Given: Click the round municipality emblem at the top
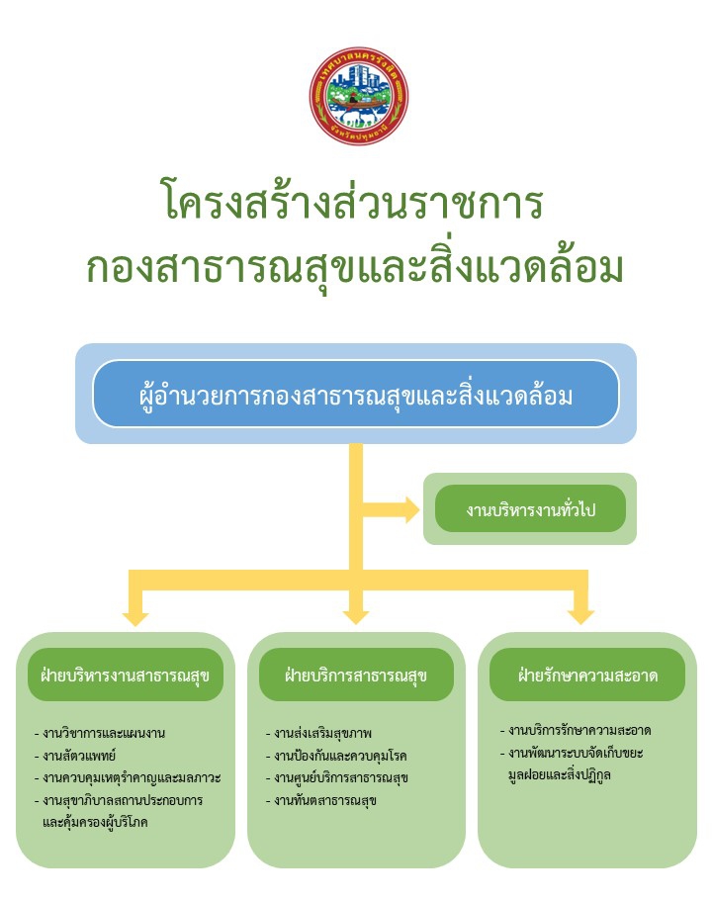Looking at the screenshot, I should tap(358, 96).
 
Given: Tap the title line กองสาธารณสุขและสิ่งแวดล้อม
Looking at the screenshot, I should tap(355, 266).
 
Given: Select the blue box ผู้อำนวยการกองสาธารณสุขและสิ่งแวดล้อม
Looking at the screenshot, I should tap(356, 395).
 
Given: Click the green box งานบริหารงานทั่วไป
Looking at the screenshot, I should tap(530, 509).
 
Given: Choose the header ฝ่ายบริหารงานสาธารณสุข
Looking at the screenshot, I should tap(126, 676).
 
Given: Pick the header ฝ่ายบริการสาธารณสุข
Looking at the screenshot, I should tap(356, 676).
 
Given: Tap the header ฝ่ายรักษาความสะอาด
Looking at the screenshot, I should tap(587, 676).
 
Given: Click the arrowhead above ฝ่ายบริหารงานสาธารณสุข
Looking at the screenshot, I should tap(134, 616).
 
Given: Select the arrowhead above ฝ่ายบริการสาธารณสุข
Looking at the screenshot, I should tap(356, 616).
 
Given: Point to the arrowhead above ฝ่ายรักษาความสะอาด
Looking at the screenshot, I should tap(581, 616).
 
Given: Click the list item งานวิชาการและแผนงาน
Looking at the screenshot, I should tap(104, 734).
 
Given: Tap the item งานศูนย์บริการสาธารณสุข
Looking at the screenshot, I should tap(342, 777).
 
